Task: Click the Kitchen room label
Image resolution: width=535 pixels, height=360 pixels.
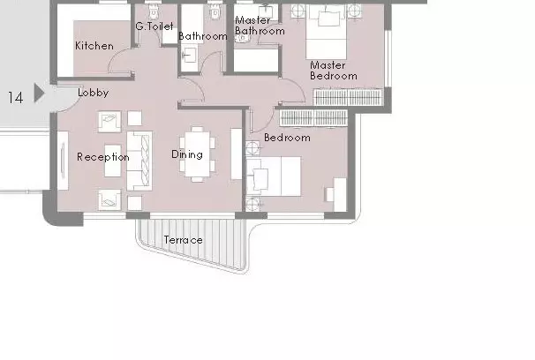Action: pos(94,46)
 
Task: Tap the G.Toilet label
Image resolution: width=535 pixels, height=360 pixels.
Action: pos(154,26)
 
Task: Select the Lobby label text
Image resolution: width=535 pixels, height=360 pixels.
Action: pos(94,93)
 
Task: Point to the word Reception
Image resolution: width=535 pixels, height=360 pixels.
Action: pos(103,157)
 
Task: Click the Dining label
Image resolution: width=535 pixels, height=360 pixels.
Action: pos(187,154)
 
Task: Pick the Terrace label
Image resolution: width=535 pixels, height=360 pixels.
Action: pos(184,240)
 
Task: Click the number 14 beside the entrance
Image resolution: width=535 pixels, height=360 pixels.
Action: pos(15,98)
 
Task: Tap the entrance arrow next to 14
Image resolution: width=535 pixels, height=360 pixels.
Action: pos(39,93)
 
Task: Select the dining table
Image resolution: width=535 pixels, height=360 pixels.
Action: pos(197,154)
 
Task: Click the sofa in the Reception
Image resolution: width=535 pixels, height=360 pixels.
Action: pos(139,161)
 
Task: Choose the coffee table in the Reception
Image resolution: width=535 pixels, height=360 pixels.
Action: pos(113,161)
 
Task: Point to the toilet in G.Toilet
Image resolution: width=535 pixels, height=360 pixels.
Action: pos(154,11)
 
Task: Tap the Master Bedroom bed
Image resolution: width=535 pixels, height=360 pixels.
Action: pos(326,32)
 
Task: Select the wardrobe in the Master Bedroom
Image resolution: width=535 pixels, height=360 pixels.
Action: pos(348,97)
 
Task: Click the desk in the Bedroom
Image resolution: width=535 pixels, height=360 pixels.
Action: pos(340,195)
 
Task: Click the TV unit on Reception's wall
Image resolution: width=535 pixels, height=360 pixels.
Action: pos(63,161)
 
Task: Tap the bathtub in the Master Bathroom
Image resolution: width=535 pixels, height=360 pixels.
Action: pos(256,60)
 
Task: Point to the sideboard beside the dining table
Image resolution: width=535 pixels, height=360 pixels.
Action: pos(237,154)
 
